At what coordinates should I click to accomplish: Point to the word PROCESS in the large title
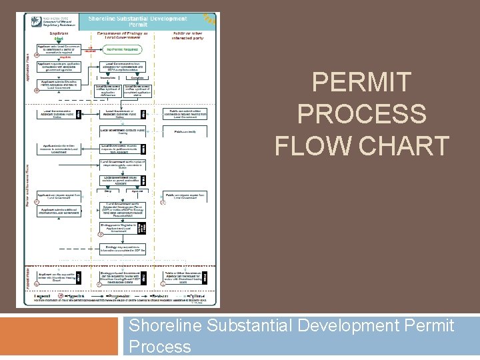tap(362, 114)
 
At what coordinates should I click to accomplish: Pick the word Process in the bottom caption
tap(160, 347)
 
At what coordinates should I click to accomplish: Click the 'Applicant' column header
tap(59, 32)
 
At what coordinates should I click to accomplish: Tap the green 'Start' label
tap(59, 39)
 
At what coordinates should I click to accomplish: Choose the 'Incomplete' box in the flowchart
tap(109, 77)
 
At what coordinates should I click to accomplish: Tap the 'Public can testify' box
tap(184, 132)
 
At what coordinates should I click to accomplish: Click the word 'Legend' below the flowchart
tap(41, 295)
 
